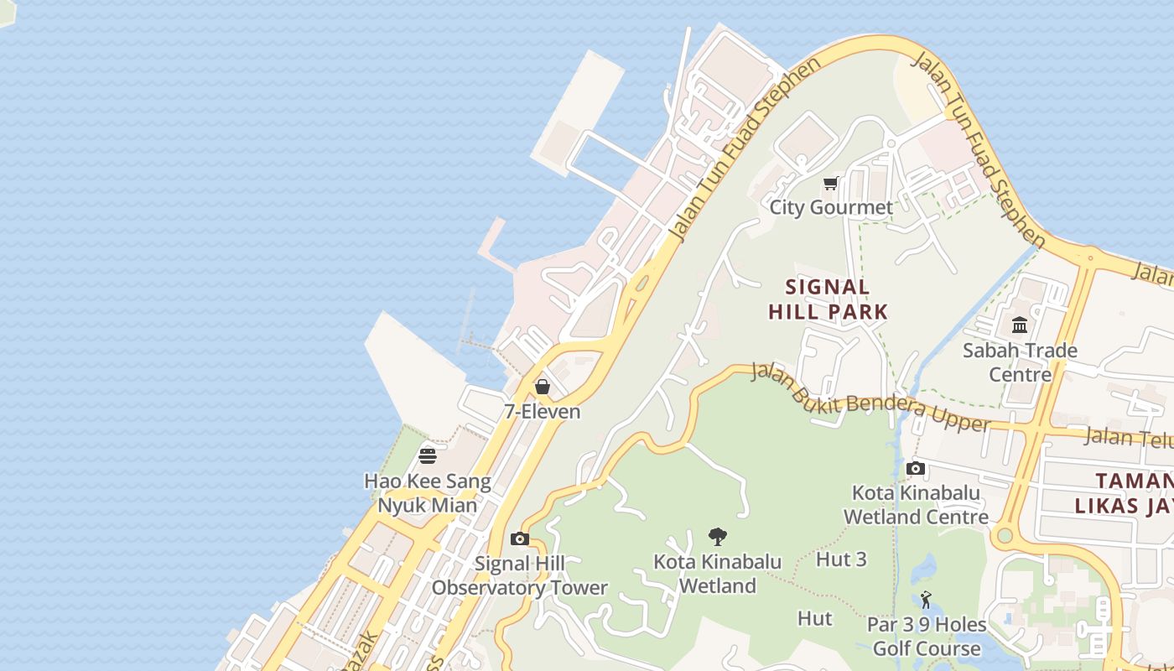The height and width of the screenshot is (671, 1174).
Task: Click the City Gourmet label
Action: click(x=831, y=207)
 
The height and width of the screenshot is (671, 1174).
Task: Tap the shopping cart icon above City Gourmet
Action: click(x=830, y=184)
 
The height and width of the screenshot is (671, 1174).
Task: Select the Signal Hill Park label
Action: click(x=828, y=299)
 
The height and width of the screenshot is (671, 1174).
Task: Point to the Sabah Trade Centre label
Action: click(x=1020, y=362)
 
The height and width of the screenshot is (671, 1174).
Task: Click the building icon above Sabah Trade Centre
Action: click(x=1020, y=325)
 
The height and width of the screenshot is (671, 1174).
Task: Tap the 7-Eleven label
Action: click(x=542, y=411)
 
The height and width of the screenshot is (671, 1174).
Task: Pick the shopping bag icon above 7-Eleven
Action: click(x=543, y=387)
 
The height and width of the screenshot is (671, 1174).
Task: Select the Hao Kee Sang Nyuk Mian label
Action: click(x=428, y=493)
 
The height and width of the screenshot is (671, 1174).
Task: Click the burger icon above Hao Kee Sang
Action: click(x=428, y=456)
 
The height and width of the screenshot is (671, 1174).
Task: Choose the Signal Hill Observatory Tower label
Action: click(x=519, y=575)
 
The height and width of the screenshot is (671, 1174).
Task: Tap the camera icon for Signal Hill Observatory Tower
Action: click(x=520, y=538)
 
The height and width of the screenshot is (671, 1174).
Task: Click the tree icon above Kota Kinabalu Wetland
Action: click(x=717, y=537)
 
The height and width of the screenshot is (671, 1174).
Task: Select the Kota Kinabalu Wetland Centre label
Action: click(x=916, y=504)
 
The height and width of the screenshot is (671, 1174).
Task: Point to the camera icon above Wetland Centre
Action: click(x=916, y=468)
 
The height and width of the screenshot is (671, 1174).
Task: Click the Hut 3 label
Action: click(x=841, y=559)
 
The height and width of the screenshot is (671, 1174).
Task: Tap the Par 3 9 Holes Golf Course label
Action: click(x=926, y=637)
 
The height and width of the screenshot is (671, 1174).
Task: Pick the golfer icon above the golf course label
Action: click(x=926, y=600)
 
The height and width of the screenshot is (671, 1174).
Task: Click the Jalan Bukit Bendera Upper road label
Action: click(x=870, y=398)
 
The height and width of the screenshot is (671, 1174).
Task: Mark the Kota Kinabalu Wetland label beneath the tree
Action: click(x=718, y=574)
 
